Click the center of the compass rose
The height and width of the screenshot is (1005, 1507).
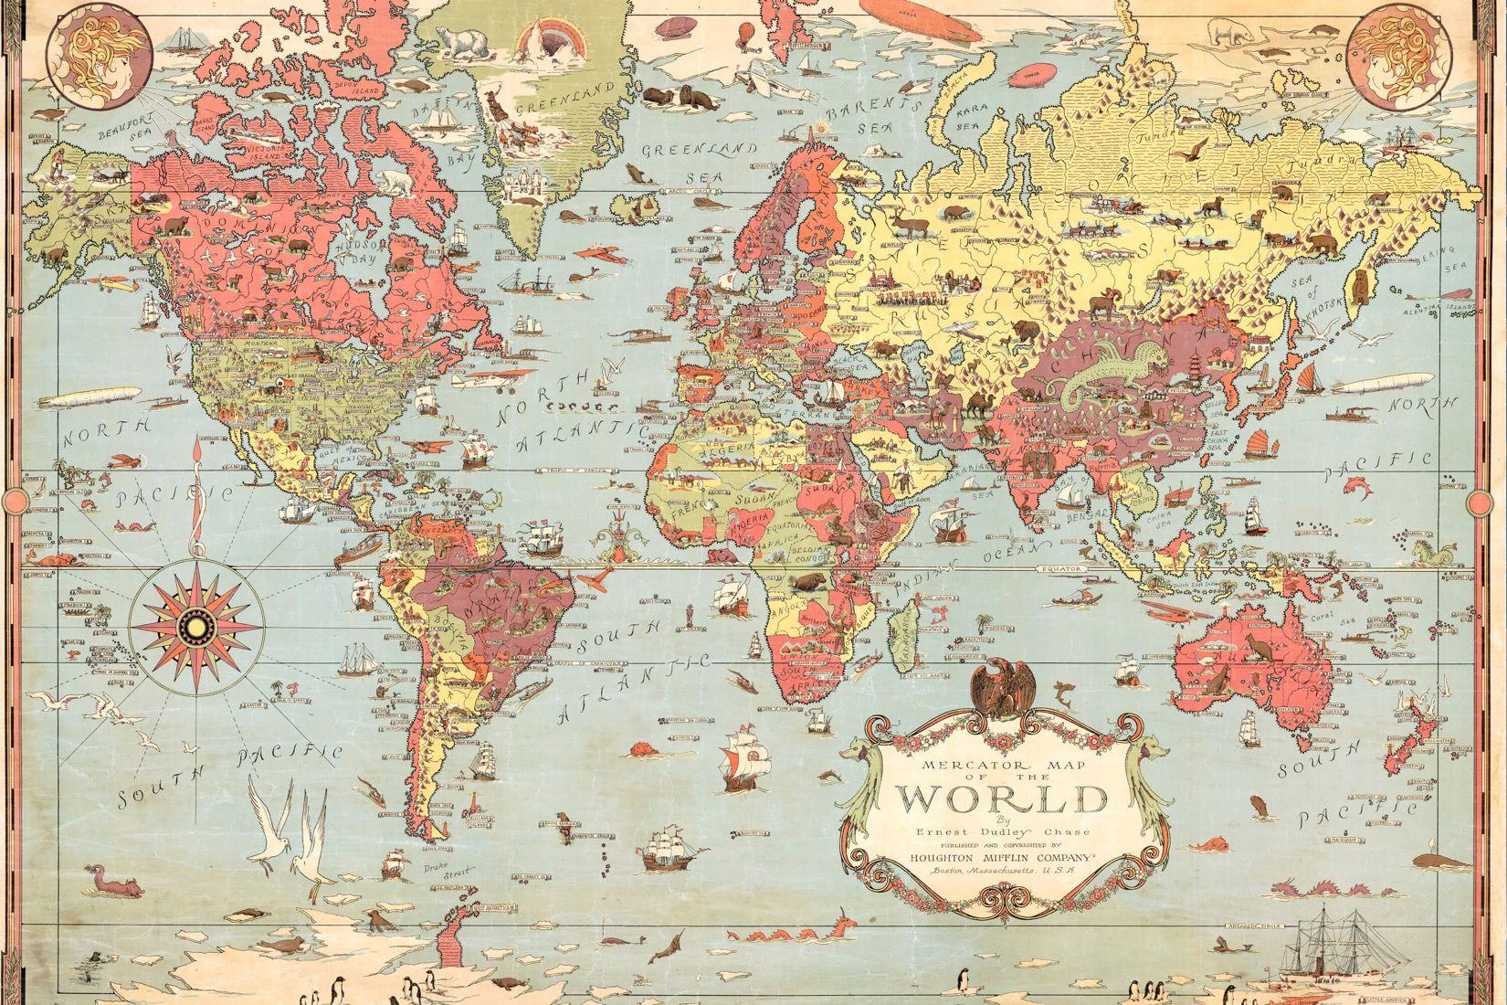pos(195,624)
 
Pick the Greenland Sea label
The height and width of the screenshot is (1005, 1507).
pos(699,161)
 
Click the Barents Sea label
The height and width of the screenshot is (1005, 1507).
pos(868,114)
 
